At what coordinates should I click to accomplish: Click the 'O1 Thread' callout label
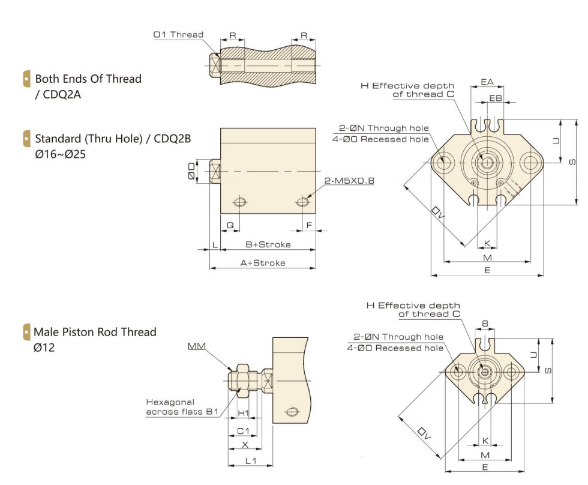click(178, 35)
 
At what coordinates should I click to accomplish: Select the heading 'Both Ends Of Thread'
click(88, 79)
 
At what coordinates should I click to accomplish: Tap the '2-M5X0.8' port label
click(349, 180)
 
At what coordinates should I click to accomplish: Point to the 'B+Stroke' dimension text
click(268, 244)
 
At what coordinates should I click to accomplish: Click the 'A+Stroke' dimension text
click(263, 263)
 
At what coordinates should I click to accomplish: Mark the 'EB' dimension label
click(496, 97)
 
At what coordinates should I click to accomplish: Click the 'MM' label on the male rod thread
click(196, 346)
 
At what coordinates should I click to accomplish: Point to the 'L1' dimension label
click(251, 461)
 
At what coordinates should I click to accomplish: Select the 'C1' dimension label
click(243, 431)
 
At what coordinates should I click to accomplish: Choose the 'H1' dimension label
click(244, 414)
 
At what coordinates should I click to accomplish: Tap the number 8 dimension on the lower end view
click(485, 324)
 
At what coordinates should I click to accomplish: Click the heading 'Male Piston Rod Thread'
click(95, 332)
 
